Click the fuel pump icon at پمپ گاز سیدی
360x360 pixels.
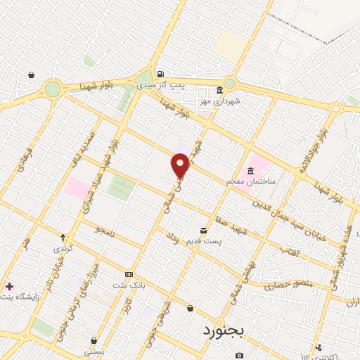coord(161,75)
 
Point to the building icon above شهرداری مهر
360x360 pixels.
coord(219,91)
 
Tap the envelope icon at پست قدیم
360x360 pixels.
coord(204,231)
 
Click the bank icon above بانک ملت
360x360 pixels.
coord(129,274)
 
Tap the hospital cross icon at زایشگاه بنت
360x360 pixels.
coord(8,286)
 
